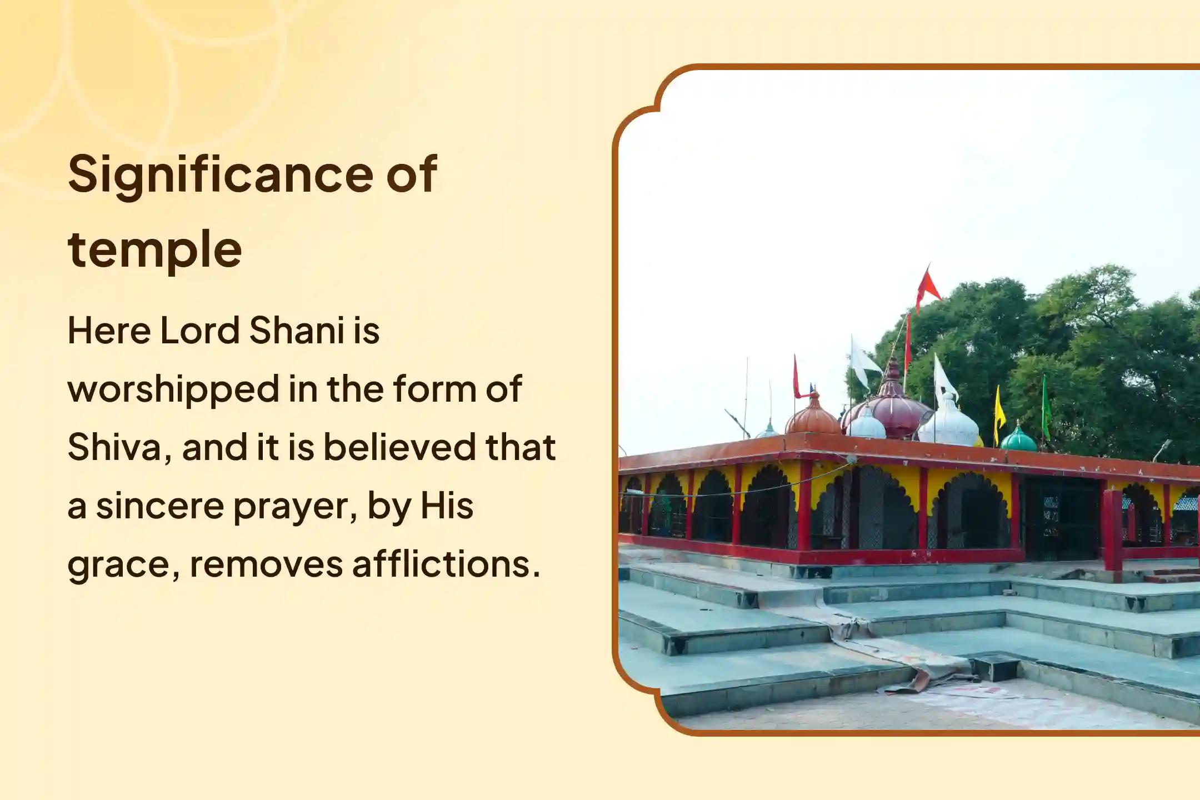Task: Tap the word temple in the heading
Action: click(154, 249)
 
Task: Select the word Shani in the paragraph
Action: click(297, 331)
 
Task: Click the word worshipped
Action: click(173, 389)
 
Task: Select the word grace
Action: click(123, 565)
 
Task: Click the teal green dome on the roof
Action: click(1018, 439)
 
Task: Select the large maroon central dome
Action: click(892, 411)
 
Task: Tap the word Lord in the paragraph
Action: click(200, 331)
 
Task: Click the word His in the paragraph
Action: click(447, 506)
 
